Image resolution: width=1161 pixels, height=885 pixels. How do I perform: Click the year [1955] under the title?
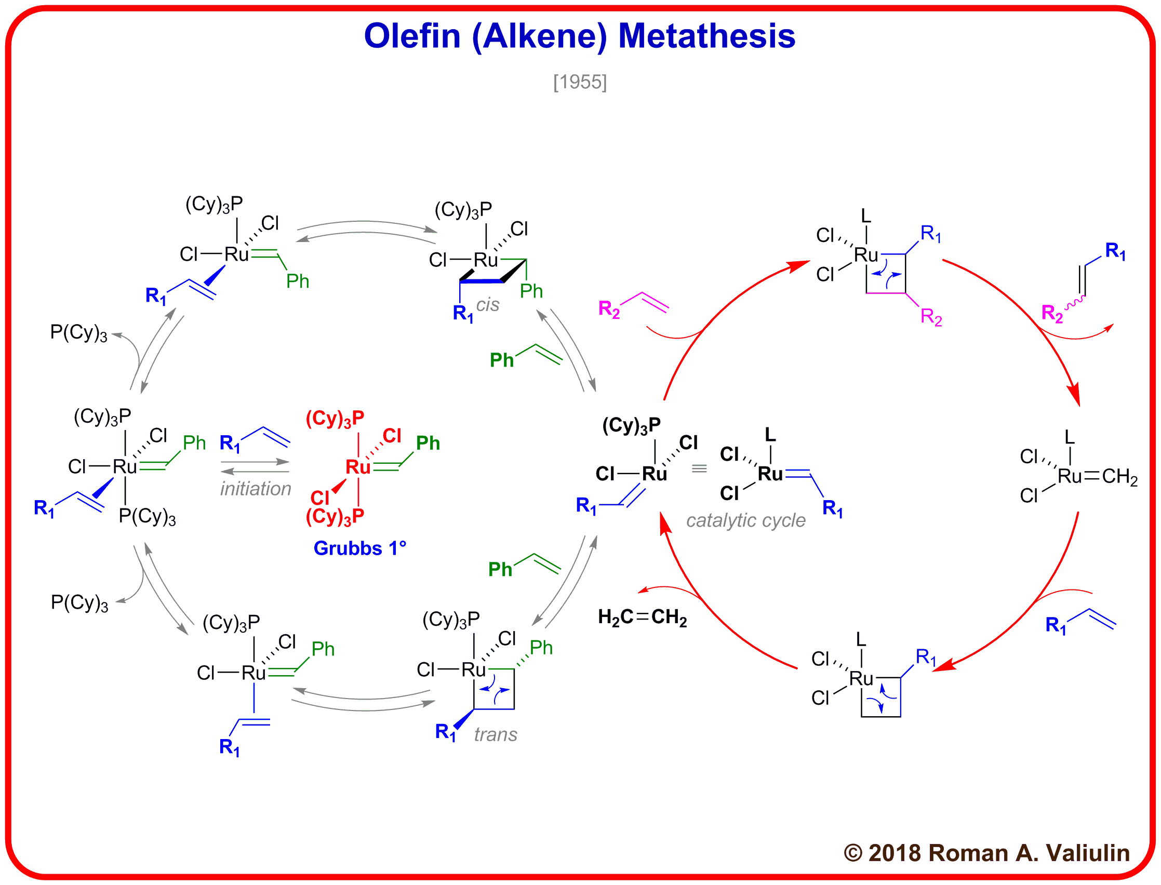(580, 82)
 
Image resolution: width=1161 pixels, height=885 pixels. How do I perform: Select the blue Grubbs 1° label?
(360, 548)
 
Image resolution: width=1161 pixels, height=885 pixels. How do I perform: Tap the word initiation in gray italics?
(256, 489)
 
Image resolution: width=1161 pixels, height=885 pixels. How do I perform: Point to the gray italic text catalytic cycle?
(745, 520)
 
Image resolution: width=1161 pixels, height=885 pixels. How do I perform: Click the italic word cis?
(488, 304)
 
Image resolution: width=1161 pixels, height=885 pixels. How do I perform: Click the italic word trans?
(495, 734)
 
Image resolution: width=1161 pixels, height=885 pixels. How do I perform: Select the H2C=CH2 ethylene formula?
(642, 617)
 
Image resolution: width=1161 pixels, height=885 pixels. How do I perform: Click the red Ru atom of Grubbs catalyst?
(358, 467)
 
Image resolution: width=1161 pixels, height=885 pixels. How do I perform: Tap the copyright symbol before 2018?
(853, 853)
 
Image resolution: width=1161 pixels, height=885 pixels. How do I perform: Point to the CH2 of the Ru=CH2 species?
(1120, 477)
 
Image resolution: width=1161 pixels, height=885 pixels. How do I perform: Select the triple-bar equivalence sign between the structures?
(699, 468)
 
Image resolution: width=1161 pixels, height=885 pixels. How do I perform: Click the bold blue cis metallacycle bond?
(481, 282)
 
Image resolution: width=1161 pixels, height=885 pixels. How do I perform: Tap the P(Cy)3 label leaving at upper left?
(78, 333)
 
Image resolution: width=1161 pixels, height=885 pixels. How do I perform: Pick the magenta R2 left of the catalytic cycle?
(609, 309)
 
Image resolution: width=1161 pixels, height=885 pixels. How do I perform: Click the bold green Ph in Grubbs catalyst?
(428, 443)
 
